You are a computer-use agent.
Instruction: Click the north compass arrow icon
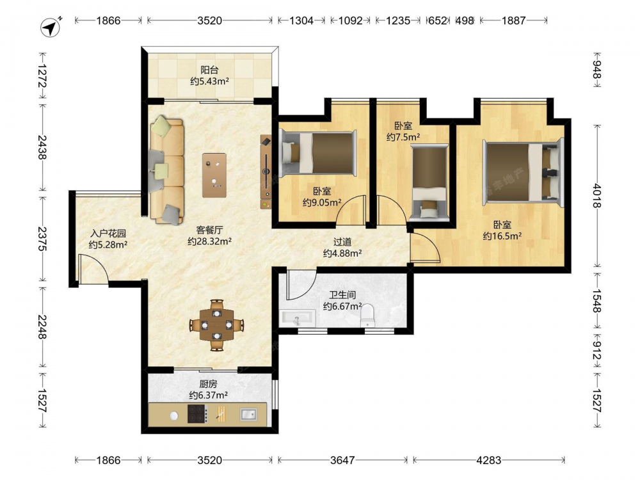pos(51,28)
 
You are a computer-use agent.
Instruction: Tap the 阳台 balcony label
pos(209,70)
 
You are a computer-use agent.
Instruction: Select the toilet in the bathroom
pos(367,315)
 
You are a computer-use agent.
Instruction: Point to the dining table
pos(217,325)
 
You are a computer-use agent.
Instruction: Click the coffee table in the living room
pos(214,175)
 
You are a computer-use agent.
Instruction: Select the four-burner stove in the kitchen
pos(198,413)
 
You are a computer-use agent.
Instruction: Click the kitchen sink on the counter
pos(248,414)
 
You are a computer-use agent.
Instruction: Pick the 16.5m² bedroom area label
pos(502,236)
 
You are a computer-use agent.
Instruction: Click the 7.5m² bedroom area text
pos(403,137)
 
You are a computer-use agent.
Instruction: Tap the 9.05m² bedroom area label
pos(322,202)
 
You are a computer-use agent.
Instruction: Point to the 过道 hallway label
pos(342,243)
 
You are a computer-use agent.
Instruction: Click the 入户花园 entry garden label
pos(108,234)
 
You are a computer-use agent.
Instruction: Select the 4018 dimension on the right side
pos(596,196)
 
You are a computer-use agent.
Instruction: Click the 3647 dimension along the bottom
pos(342,460)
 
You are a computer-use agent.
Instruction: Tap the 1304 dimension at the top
pos(301,20)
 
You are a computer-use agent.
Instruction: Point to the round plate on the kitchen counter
pos(174,415)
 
